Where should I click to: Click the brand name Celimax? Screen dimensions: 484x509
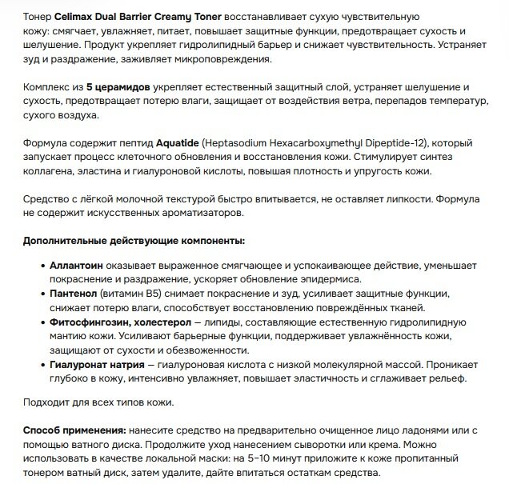[78, 17]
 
